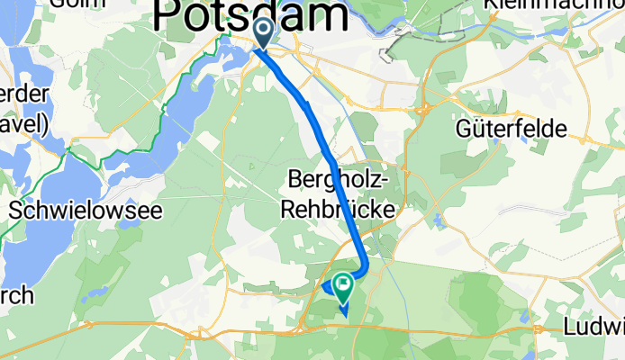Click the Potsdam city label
[252, 15]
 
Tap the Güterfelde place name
[511, 129]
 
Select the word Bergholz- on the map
[337, 181]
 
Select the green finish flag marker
[343, 287]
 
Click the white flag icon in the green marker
[343, 283]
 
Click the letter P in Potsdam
[170, 15]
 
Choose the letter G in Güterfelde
[464, 129]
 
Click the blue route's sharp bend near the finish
[364, 267]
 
